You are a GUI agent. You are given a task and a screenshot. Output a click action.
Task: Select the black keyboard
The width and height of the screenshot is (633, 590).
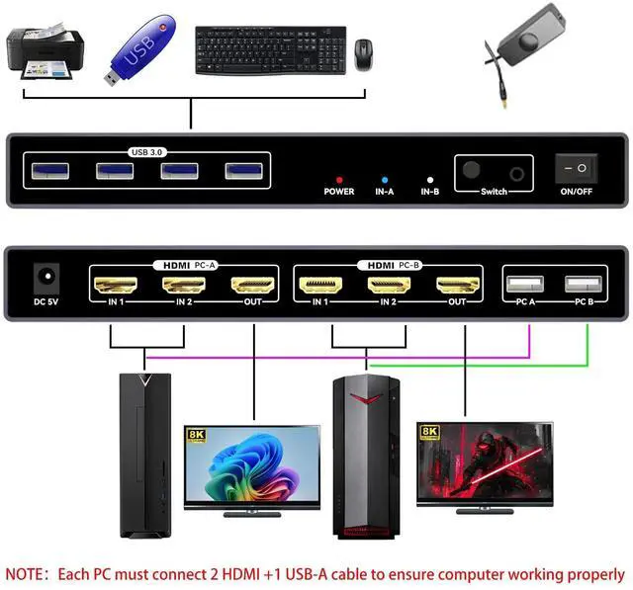pos(269,46)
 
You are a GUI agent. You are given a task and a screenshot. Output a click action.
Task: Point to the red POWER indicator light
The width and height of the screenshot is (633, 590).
pos(338,180)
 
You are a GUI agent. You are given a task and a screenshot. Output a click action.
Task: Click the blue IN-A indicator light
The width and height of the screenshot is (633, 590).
pos(385,180)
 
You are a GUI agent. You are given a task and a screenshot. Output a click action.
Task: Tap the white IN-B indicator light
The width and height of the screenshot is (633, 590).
pos(428,180)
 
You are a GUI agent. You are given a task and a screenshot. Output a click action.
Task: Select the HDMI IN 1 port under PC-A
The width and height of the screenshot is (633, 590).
pos(116,286)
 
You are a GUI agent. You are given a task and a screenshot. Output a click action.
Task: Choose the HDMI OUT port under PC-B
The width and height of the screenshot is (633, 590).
pos(456,286)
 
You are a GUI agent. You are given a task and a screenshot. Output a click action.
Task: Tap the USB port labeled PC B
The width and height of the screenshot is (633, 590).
pos(581,285)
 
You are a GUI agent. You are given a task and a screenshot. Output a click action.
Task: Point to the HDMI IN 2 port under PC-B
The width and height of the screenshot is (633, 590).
pos(388,286)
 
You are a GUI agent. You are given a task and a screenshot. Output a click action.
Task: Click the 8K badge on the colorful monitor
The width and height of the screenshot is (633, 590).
pos(196,433)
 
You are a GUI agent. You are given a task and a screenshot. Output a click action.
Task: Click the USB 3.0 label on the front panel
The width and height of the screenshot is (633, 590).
pos(149,152)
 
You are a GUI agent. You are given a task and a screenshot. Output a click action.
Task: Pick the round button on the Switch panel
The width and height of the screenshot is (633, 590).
pos(472,170)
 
